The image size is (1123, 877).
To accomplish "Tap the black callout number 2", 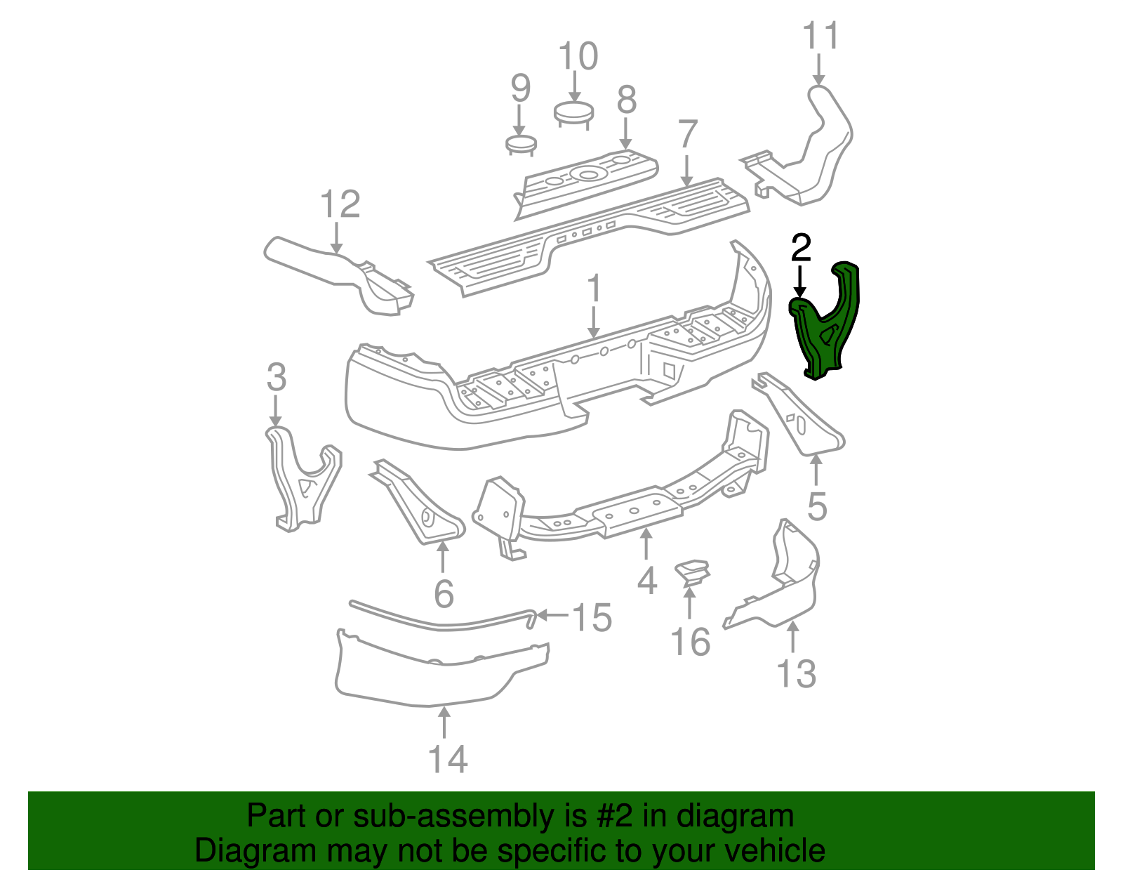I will [800, 249].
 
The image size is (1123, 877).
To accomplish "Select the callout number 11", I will [820, 37].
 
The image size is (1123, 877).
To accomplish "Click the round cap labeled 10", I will [573, 112].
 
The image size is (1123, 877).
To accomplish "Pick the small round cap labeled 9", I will [521, 144].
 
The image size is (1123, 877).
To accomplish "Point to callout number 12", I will [340, 205].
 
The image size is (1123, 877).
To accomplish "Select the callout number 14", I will [447, 759].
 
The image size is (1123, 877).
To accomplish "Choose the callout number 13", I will [797, 674].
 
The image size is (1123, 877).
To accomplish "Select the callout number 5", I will [816, 506].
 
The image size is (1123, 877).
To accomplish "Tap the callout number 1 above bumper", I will [594, 289].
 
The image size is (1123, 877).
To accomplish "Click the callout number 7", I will [688, 135].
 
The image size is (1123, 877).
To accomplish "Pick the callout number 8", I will [626, 100].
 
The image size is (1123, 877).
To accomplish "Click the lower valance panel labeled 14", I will [428, 674].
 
